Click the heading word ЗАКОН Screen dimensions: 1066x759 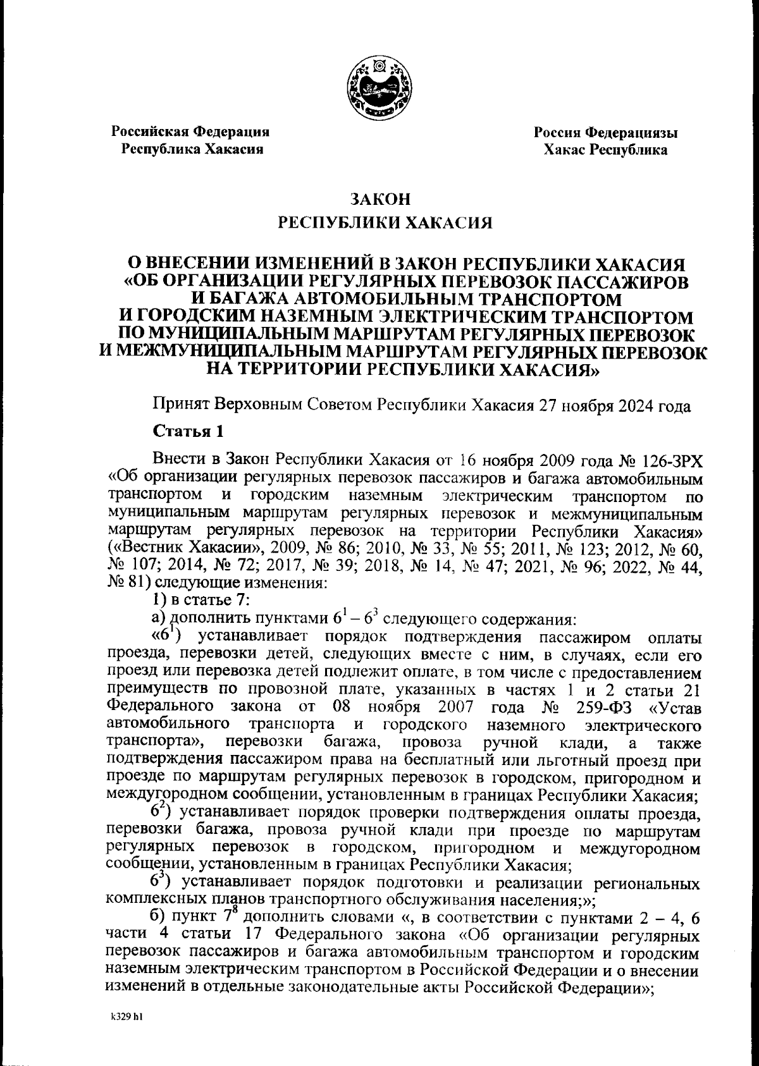pos(381,200)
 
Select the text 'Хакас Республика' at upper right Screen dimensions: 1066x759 pos(605,150)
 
